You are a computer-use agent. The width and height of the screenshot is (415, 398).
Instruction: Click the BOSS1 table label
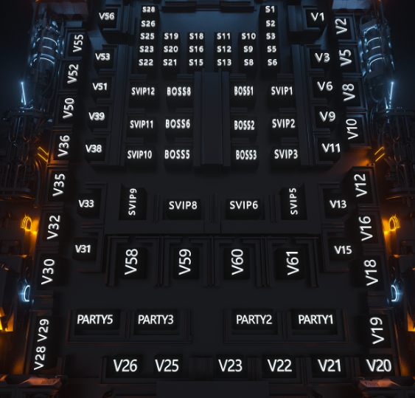click(x=243, y=91)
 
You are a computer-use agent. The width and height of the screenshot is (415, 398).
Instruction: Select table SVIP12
click(x=143, y=92)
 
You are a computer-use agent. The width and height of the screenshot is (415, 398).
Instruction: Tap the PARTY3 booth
click(x=156, y=320)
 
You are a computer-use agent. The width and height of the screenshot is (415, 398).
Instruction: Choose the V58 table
click(x=131, y=261)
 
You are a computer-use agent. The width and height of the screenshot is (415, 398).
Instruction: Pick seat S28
click(x=148, y=10)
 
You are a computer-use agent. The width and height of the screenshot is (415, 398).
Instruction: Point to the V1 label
click(x=318, y=17)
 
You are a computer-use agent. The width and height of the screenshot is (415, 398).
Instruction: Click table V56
click(x=107, y=16)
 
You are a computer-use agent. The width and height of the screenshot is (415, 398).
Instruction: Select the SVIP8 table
click(x=183, y=205)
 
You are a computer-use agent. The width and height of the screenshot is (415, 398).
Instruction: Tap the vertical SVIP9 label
click(x=132, y=202)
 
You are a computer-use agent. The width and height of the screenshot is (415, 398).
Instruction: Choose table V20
click(x=379, y=366)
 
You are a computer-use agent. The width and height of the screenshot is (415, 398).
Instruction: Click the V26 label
click(x=125, y=366)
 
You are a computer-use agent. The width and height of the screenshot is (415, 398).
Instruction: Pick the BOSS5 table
click(x=177, y=154)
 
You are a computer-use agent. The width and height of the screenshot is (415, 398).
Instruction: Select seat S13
click(x=224, y=63)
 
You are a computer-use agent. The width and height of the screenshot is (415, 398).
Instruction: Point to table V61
click(x=293, y=263)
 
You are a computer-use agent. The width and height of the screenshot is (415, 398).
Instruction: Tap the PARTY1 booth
click(x=315, y=320)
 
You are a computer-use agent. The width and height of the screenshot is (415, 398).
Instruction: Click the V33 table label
click(x=86, y=204)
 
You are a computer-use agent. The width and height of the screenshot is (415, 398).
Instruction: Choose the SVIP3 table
click(x=286, y=154)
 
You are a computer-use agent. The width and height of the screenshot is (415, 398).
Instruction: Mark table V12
click(x=360, y=185)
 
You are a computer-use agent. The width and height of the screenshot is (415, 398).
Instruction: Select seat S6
click(x=272, y=63)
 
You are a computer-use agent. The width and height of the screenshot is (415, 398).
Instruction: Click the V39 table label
click(x=97, y=116)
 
